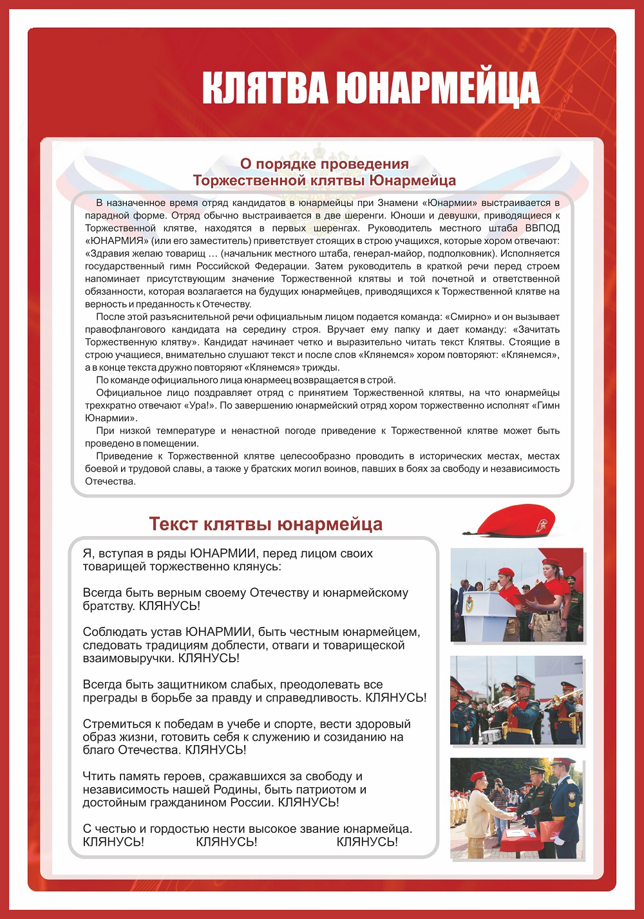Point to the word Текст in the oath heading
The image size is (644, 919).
pyautogui.click(x=173, y=524)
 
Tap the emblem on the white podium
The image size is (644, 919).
pyautogui.click(x=469, y=604)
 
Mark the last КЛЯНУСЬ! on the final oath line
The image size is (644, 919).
pyautogui.click(x=367, y=842)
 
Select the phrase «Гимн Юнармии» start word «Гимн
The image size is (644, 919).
pyautogui.click(x=546, y=405)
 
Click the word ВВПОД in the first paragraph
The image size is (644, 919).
pyautogui.click(x=542, y=228)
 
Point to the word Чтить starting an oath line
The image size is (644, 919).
pyautogui.click(x=97, y=776)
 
